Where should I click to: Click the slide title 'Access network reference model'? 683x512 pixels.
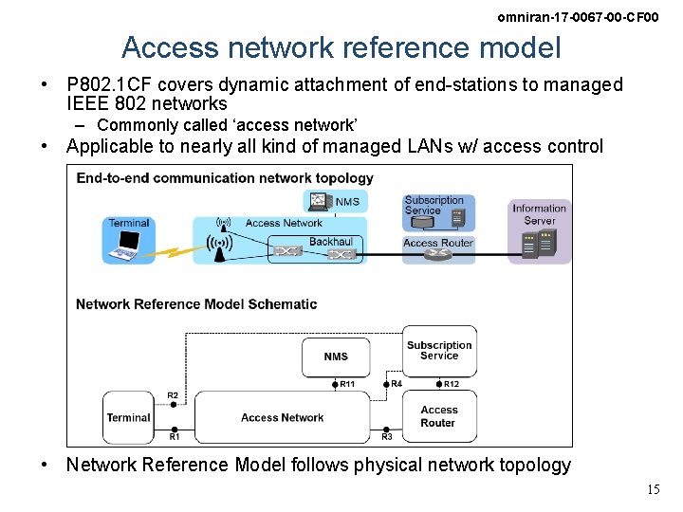tap(341, 47)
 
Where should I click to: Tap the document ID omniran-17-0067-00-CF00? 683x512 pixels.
tap(577, 18)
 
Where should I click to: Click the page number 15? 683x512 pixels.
tap(653, 490)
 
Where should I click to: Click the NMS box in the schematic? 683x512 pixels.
tap(336, 357)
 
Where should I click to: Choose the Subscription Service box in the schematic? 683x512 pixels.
tap(439, 351)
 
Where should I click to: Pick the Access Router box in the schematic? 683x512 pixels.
tap(438, 417)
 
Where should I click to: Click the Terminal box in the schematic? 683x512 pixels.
tap(128, 417)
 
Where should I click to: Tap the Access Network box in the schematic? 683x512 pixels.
tap(282, 417)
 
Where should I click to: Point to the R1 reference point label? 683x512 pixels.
tap(175, 437)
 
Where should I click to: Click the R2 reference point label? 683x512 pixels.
tap(173, 395)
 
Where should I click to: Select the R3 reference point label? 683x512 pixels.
tap(387, 437)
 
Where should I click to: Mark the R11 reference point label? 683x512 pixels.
tap(347, 384)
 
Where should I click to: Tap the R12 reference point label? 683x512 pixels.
tap(452, 384)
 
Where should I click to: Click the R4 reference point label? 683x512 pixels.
tap(397, 384)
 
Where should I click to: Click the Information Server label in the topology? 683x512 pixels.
tap(539, 214)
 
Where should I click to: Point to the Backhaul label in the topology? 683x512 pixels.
tap(330, 242)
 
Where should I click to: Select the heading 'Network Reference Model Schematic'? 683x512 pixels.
tap(196, 304)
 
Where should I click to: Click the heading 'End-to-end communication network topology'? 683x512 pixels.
tap(225, 178)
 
